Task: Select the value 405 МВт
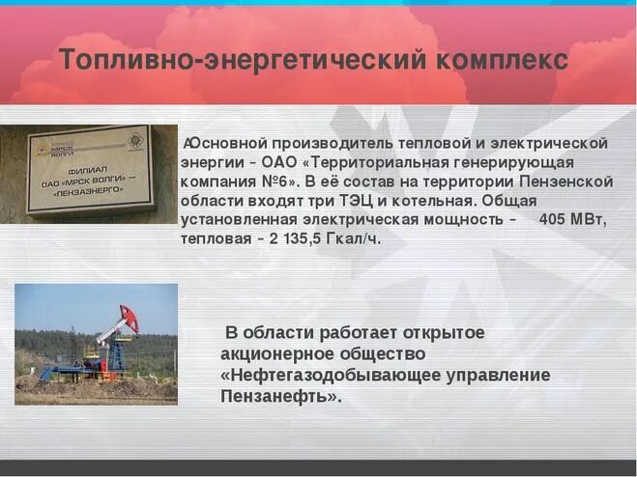pos(573,219)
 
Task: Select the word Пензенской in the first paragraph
pos(569,182)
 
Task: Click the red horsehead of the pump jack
pos(130,319)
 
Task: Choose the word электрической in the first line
pos(558,144)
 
